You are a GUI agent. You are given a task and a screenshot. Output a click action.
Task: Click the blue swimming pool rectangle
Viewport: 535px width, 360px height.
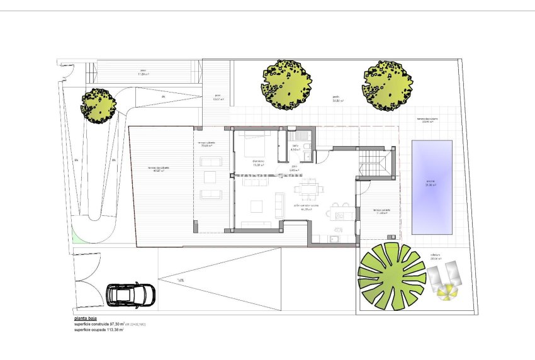(x=431, y=187)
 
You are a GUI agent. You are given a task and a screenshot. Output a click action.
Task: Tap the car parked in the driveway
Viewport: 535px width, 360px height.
(x=130, y=294)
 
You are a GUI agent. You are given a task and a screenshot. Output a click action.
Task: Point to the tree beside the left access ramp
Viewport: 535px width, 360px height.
(x=98, y=104)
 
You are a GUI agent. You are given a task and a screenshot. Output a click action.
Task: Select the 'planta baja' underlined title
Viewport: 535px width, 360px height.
(x=85, y=319)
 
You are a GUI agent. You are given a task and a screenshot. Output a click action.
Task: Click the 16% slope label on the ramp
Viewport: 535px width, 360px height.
(x=180, y=279)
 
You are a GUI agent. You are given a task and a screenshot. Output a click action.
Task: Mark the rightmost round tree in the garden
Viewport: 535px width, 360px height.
(x=387, y=86)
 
